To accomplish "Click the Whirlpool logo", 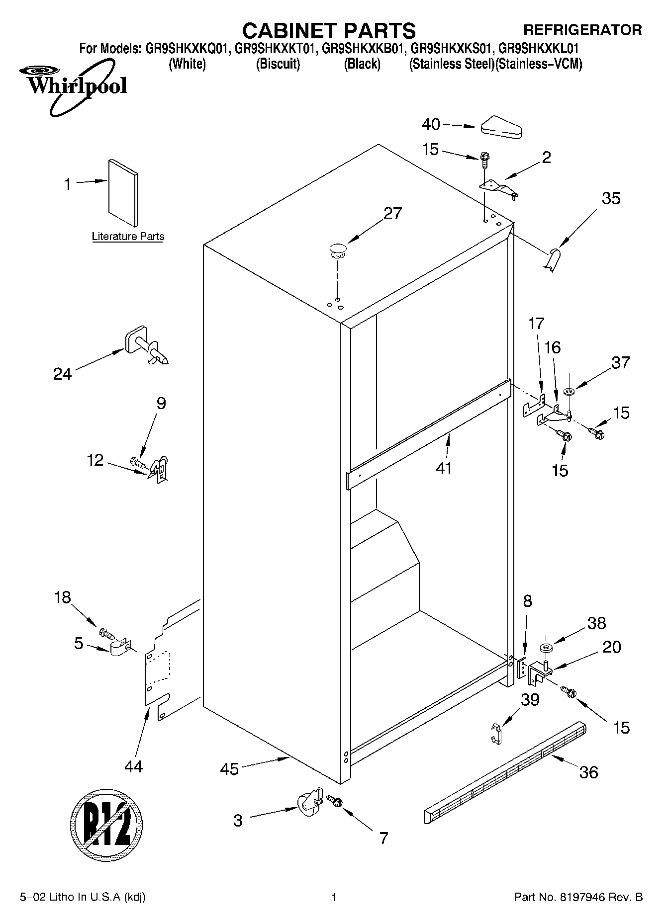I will (x=75, y=85).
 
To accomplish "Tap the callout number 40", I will (x=431, y=124).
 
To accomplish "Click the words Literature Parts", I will (x=128, y=237).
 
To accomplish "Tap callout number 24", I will (x=62, y=374).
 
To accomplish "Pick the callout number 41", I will (x=444, y=468).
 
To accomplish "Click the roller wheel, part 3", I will (x=308, y=804).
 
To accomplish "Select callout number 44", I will (x=133, y=766).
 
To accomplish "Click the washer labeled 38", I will (x=546, y=648).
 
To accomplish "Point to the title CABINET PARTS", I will (x=328, y=31).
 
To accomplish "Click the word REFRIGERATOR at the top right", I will (x=582, y=30).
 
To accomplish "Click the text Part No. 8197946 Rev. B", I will (x=578, y=897).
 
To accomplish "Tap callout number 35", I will (x=611, y=198).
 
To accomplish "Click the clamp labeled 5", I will (x=119, y=648).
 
